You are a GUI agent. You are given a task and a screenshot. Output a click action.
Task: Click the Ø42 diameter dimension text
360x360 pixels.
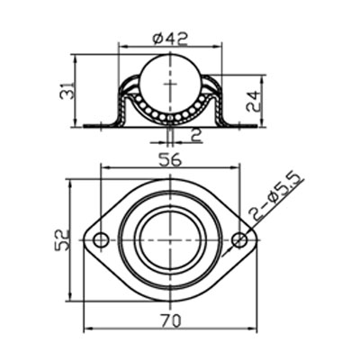[169, 38]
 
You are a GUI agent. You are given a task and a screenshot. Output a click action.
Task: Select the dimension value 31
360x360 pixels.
[62, 92]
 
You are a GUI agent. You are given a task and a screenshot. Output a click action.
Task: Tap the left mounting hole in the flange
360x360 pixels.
[101, 240]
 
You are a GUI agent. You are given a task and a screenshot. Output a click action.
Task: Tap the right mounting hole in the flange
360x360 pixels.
[239, 240]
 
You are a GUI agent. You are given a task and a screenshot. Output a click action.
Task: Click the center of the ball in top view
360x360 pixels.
[170, 240]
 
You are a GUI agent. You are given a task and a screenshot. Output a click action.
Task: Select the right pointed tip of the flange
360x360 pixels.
[256, 240]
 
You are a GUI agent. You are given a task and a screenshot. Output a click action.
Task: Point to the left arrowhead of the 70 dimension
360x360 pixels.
[87, 328]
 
